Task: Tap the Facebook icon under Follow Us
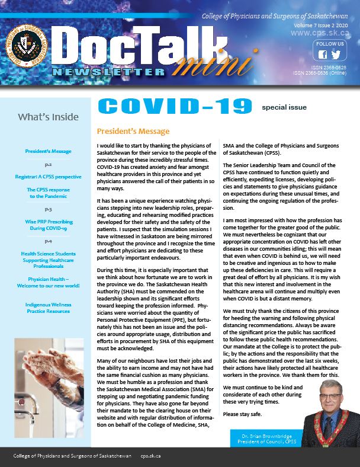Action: (323, 55)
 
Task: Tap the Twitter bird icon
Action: (336, 55)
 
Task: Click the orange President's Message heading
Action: (133, 132)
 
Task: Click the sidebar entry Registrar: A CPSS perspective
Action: (49, 177)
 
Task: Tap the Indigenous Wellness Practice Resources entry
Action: (49, 308)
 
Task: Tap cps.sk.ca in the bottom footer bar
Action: (150, 456)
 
